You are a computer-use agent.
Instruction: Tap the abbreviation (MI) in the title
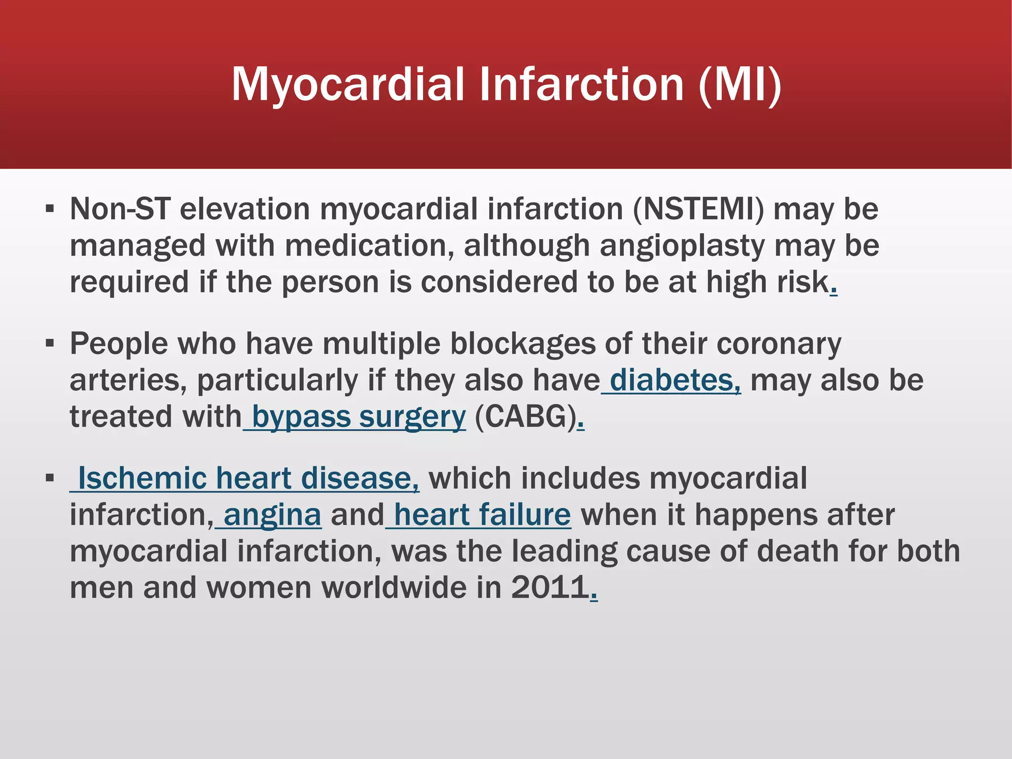point(740,85)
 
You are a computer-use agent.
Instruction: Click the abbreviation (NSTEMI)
point(698,209)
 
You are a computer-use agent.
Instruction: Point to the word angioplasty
point(682,246)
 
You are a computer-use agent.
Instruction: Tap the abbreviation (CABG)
point(526,417)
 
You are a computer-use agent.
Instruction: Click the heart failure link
point(482,515)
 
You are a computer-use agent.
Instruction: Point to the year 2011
point(549,588)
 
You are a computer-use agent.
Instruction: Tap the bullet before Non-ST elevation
point(49,209)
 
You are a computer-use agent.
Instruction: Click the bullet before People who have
point(49,343)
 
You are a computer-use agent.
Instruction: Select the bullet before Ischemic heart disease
point(49,478)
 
